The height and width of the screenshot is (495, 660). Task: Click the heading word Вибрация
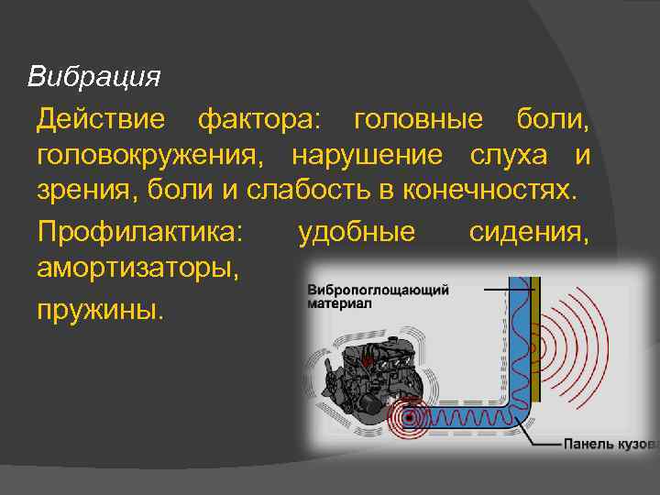93,75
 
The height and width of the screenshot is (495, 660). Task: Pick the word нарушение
367,156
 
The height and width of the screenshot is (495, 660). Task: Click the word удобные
357,231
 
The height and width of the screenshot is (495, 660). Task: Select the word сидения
529,231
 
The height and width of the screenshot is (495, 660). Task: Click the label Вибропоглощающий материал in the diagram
378,297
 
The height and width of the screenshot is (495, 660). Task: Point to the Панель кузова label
609,445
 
